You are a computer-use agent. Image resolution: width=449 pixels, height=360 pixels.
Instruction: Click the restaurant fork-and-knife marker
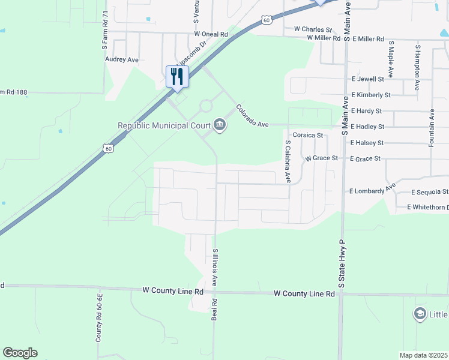tap(177, 77)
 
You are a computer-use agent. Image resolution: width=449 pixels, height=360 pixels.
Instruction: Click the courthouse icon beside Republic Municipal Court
tap(220, 125)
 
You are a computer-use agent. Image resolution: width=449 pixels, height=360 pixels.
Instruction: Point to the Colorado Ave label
tap(252, 115)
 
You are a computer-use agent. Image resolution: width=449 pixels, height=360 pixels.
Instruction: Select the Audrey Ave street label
tap(122, 60)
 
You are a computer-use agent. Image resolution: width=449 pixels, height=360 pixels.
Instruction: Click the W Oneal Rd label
tap(210, 35)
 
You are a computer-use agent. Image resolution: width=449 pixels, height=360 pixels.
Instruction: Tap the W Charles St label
tap(313, 29)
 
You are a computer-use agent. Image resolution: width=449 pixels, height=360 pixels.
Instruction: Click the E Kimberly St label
tap(371, 95)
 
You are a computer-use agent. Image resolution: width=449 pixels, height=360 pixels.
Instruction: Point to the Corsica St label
tap(308, 136)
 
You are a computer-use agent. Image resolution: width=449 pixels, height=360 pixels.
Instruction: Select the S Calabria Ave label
tap(288, 161)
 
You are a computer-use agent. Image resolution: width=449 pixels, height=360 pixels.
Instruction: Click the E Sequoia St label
tap(430, 192)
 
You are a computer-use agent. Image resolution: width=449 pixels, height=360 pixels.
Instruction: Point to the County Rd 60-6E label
tap(100, 318)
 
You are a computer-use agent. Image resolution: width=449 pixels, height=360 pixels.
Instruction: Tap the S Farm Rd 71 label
tap(104, 30)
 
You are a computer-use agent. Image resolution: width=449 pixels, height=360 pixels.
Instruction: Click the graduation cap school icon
tap(420, 314)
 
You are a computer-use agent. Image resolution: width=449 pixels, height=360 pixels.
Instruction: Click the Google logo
tap(20, 353)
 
